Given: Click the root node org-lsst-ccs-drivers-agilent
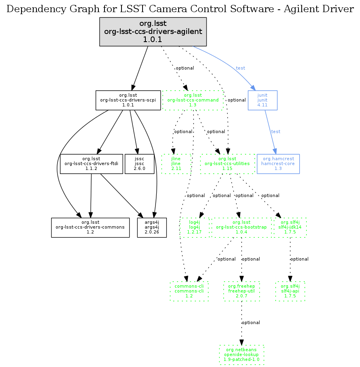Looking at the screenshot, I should pos(153,32).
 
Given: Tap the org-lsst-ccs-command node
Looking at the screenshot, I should pos(193,100).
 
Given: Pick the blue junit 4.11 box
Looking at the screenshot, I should pos(262,100).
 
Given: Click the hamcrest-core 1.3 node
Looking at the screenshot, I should pos(278,163).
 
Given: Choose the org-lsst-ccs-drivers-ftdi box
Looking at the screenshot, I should pos(91,163).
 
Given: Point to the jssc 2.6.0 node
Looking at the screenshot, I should pos(140,163).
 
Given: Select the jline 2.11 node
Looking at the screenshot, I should pos(175,163).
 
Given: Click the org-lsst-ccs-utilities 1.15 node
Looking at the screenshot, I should pos(227,163).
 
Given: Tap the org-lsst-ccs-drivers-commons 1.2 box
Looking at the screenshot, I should pos(90,227).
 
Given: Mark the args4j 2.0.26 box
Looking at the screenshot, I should pos(152,227).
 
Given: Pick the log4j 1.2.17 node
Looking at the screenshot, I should pos(194,227).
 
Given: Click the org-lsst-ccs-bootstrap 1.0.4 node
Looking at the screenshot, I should pos(241,227).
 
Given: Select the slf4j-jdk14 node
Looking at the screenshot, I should pos(290,227).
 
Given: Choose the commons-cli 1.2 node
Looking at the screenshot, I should pos(189,291).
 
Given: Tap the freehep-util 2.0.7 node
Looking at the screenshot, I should pos(241,291).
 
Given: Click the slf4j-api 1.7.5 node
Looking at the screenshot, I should pos(290,291).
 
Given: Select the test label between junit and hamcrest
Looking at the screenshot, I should pos(276,132).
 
